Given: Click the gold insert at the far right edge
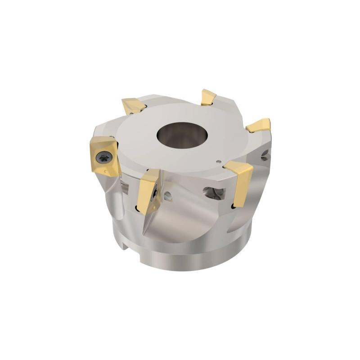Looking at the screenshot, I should click(259, 125).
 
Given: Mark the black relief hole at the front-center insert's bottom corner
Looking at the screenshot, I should click(137, 207).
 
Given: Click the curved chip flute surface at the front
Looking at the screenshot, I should click(189, 225).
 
